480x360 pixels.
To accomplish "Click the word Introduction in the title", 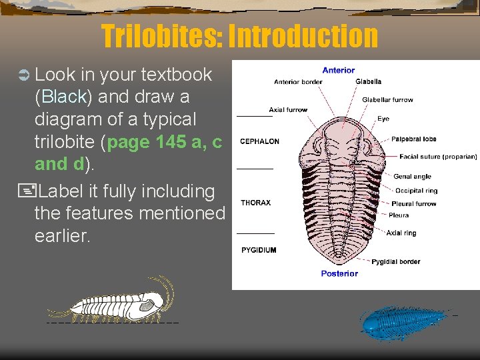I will click(303, 36).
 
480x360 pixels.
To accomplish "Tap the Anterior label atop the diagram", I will click(339, 70).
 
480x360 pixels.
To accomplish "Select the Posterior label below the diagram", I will click(339, 273).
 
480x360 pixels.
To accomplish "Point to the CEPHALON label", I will click(259, 141).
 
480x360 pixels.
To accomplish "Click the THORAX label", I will click(255, 203).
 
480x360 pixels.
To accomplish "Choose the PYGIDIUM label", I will click(259, 250).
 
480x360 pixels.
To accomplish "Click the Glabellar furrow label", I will click(387, 100).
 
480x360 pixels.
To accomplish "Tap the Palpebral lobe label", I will click(413, 139).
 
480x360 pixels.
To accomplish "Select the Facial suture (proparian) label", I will click(438, 157).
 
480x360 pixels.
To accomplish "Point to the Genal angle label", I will click(412, 177).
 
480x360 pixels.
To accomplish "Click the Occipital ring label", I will click(416, 191).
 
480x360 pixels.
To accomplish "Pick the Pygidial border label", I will click(395, 261).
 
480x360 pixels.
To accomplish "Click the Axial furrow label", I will click(288, 109).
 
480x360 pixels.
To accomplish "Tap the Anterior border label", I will click(298, 82).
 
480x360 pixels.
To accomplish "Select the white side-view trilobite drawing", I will click(113, 303).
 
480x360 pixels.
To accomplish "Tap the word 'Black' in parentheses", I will click(65, 97).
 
